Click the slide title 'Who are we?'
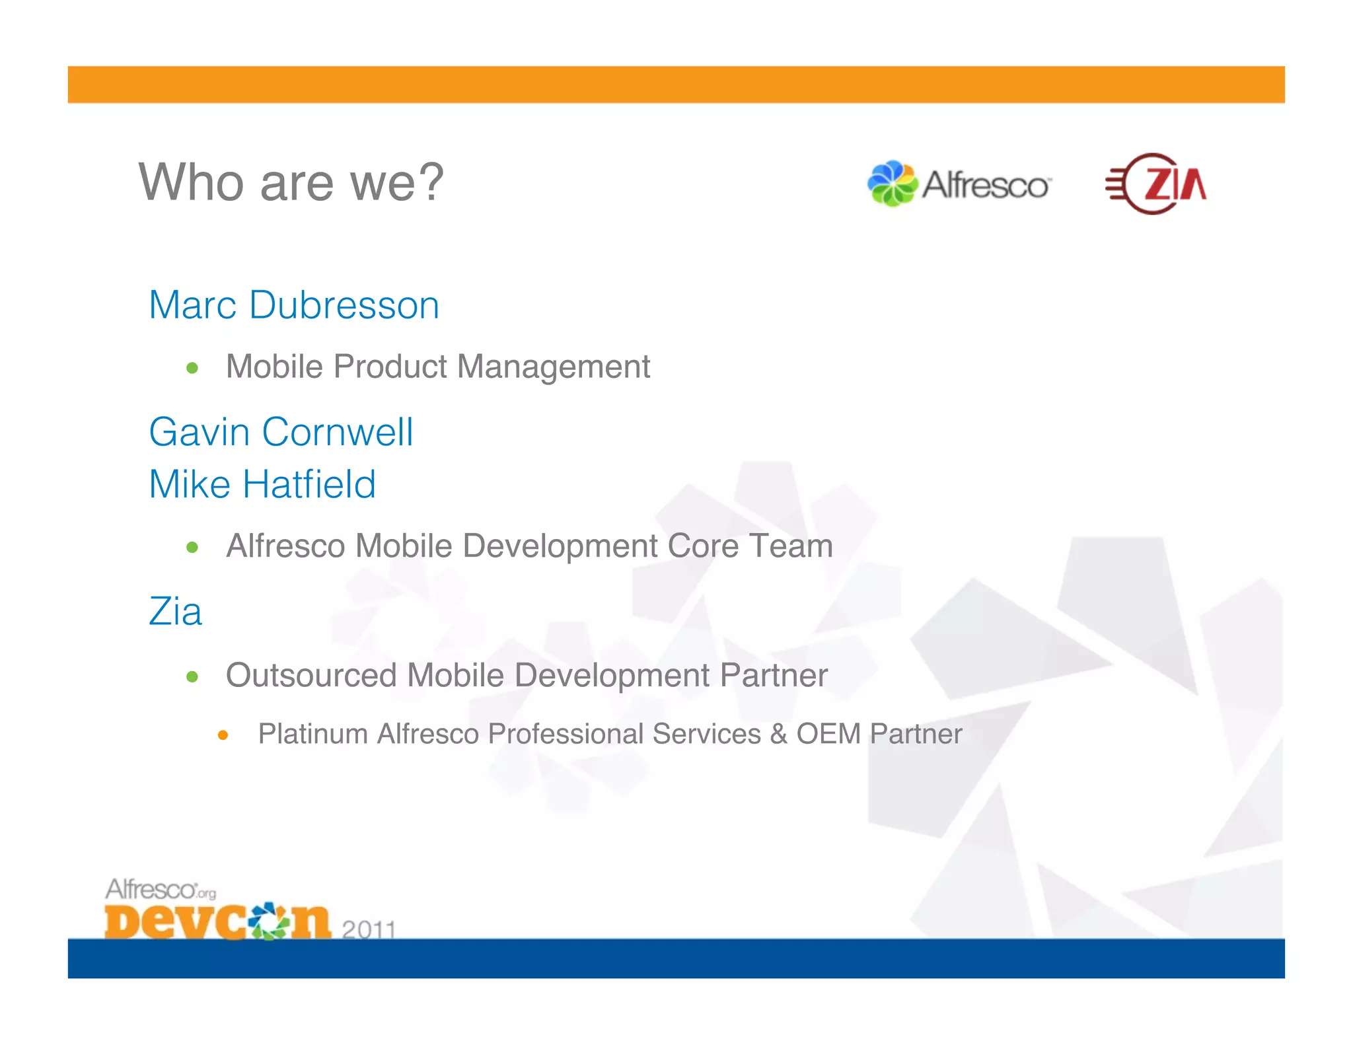291,182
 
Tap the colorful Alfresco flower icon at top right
892,184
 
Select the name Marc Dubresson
294,305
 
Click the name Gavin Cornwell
281,432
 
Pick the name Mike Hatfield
262,484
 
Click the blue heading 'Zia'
175,611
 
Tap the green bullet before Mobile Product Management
192,368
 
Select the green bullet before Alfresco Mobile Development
192,547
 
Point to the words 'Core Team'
750,546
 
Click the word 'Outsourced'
311,675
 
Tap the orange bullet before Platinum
223,735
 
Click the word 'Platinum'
312,734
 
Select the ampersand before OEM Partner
778,734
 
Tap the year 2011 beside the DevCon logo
369,929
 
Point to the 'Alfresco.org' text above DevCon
161,889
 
